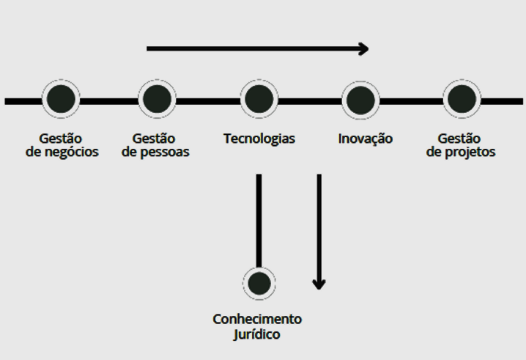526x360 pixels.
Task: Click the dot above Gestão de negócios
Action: pyautogui.click(x=61, y=99)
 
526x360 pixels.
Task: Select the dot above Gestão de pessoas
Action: pyautogui.click(x=157, y=99)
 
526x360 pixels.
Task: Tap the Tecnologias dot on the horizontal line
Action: pyautogui.click(x=259, y=99)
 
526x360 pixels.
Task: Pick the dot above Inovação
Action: pyautogui.click(x=360, y=100)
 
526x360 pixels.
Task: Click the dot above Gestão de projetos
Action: pyautogui.click(x=462, y=99)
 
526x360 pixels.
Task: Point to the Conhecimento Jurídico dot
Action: pyautogui.click(x=259, y=284)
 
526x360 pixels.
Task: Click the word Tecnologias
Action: pyautogui.click(x=259, y=139)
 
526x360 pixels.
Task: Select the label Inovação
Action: pyautogui.click(x=366, y=139)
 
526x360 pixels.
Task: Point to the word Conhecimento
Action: pyautogui.click(x=257, y=319)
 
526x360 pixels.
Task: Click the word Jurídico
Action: pyautogui.click(x=257, y=334)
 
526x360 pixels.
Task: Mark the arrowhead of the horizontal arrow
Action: pyautogui.click(x=364, y=48)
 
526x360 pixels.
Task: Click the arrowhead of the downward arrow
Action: pyautogui.click(x=319, y=284)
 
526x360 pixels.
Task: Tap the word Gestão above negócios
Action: pyautogui.click(x=61, y=139)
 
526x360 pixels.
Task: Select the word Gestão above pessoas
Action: pyautogui.click(x=154, y=139)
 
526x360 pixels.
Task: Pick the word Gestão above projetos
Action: pyautogui.click(x=459, y=139)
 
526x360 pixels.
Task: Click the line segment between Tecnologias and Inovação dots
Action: pyautogui.click(x=310, y=101)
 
